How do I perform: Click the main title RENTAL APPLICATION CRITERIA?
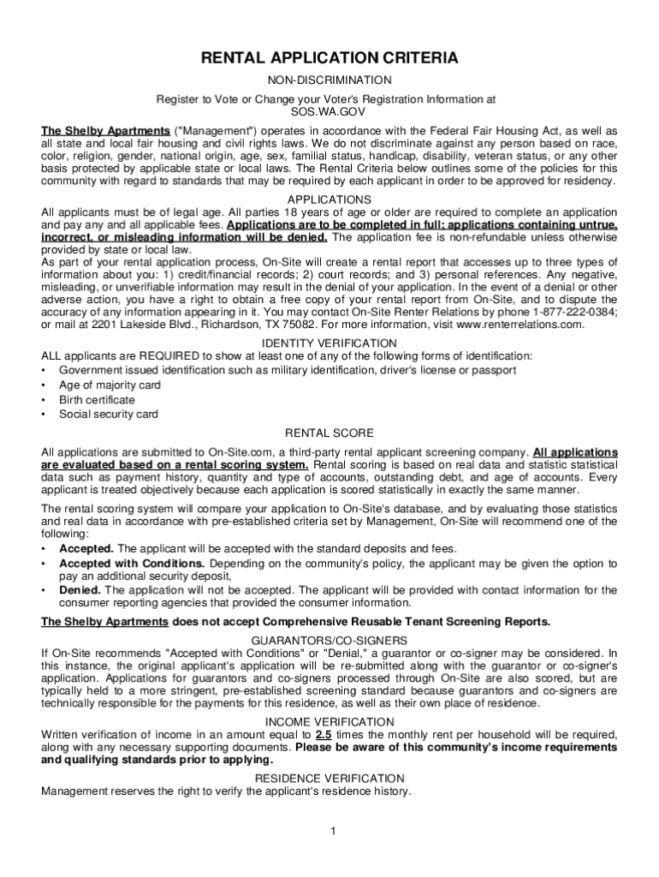click(329, 58)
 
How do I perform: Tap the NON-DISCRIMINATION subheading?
click(329, 80)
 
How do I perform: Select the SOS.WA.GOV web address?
click(329, 112)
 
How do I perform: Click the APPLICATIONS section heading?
click(329, 199)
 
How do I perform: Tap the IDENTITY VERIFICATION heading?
click(329, 343)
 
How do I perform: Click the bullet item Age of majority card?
click(110, 385)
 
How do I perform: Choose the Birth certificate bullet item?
click(97, 400)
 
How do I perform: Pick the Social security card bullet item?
click(108, 415)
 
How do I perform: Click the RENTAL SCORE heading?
click(329, 433)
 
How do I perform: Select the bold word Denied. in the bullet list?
click(80, 590)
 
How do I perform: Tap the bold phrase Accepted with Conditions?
click(132, 564)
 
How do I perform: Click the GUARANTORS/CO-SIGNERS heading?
click(329, 640)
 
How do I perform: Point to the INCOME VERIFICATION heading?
click(329, 721)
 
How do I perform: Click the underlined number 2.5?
click(324, 735)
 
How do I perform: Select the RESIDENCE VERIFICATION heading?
click(329, 779)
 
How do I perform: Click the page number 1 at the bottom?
click(329, 831)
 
